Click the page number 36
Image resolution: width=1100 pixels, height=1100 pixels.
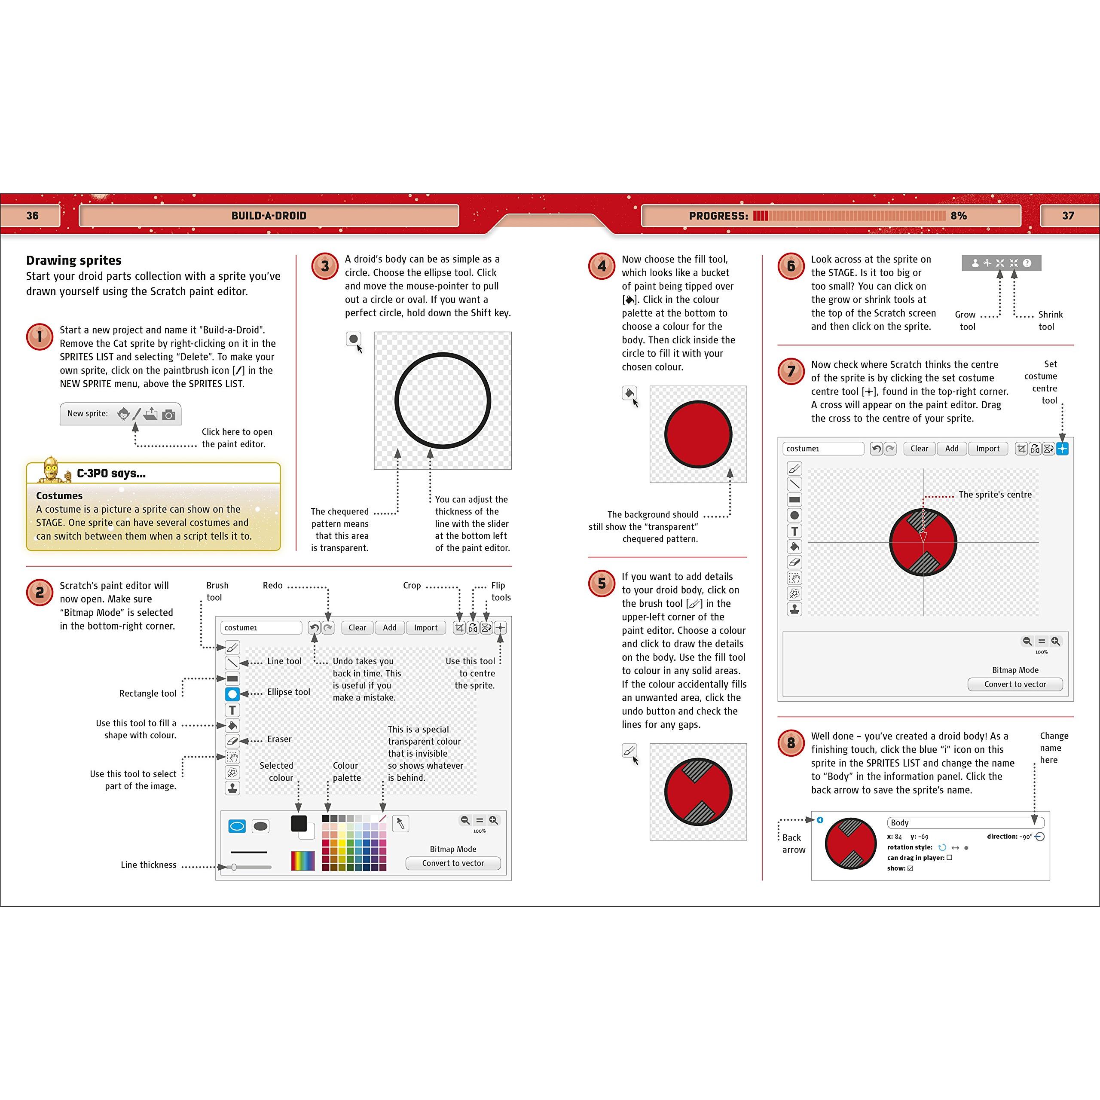pyautogui.click(x=33, y=216)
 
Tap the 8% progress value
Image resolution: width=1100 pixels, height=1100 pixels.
pyautogui.click(x=959, y=216)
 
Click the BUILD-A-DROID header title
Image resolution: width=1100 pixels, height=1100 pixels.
pyautogui.click(x=269, y=216)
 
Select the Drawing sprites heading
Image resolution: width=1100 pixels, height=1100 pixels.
pyautogui.click(x=74, y=260)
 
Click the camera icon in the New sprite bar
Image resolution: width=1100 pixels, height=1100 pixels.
pyautogui.click(x=168, y=415)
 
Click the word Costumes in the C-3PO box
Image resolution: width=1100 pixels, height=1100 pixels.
pyautogui.click(x=59, y=495)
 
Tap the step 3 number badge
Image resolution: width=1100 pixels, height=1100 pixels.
pyautogui.click(x=324, y=266)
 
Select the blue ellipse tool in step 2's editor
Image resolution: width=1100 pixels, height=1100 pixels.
pyautogui.click(x=232, y=694)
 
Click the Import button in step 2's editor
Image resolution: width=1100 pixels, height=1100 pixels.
pyautogui.click(x=426, y=627)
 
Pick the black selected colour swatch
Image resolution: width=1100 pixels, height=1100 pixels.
pyautogui.click(x=299, y=823)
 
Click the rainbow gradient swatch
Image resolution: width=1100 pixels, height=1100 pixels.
pyautogui.click(x=303, y=861)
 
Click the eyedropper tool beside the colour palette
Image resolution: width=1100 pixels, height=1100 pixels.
pyautogui.click(x=401, y=823)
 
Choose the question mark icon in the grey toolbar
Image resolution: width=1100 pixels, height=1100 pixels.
pyautogui.click(x=1027, y=263)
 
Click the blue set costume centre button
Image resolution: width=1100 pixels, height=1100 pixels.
pyautogui.click(x=1063, y=449)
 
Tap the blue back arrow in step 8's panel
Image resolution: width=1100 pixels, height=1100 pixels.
pyautogui.click(x=820, y=820)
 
